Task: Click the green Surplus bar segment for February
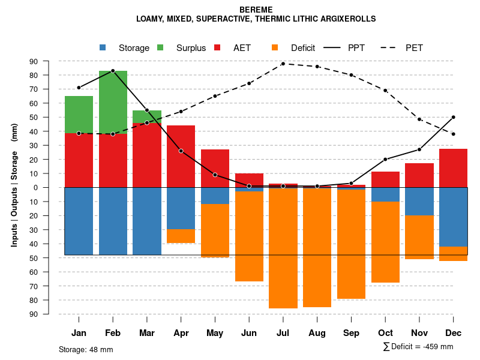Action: pyautogui.click(x=113, y=102)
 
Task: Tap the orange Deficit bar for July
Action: pyautogui.click(x=283, y=248)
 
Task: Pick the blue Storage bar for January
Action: pyautogui.click(x=79, y=221)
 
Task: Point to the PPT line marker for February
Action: pyautogui.click(x=113, y=71)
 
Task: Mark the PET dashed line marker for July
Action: pyautogui.click(x=283, y=64)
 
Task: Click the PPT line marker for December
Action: pyautogui.click(x=454, y=117)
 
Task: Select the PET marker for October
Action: pyautogui.click(x=385, y=91)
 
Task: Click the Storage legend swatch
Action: pyautogui.click(x=103, y=47)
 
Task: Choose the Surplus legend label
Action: pyautogui.click(x=191, y=48)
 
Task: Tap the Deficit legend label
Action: pyautogui.click(x=303, y=48)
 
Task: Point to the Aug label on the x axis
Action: pyautogui.click(x=317, y=333)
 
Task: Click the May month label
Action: pyautogui.click(x=215, y=333)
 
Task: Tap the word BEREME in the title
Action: pyautogui.click(x=256, y=10)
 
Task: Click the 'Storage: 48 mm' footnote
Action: pyautogui.click(x=86, y=349)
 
